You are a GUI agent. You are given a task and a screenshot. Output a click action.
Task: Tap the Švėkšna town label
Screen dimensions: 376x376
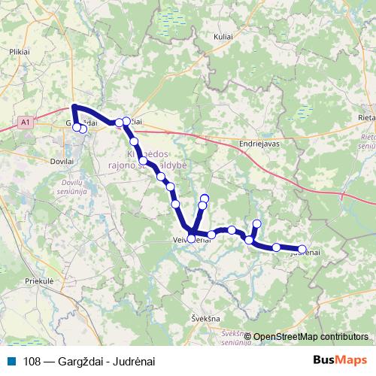[x=205, y=318]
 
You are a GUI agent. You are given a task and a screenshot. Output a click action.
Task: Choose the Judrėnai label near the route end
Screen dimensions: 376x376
[x=305, y=253]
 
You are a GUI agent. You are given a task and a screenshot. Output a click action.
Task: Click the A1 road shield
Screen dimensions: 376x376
[x=26, y=120]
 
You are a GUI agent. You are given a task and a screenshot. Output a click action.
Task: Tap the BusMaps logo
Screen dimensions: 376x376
[x=341, y=360]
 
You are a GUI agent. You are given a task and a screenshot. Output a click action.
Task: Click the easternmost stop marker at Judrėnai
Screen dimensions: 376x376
[x=302, y=249]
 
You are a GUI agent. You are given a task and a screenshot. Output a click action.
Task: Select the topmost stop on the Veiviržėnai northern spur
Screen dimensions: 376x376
[x=204, y=199]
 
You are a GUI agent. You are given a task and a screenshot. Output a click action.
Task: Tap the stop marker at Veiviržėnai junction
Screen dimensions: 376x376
[x=191, y=238]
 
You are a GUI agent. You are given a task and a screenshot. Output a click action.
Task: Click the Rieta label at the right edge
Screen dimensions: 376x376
[x=368, y=117]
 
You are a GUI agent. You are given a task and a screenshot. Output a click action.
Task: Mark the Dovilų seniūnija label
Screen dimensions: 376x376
[x=76, y=185]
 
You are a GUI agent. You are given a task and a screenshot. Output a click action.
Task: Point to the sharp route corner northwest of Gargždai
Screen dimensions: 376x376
[x=74, y=107]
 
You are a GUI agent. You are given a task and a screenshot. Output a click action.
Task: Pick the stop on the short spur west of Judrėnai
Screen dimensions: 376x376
[x=257, y=223]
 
